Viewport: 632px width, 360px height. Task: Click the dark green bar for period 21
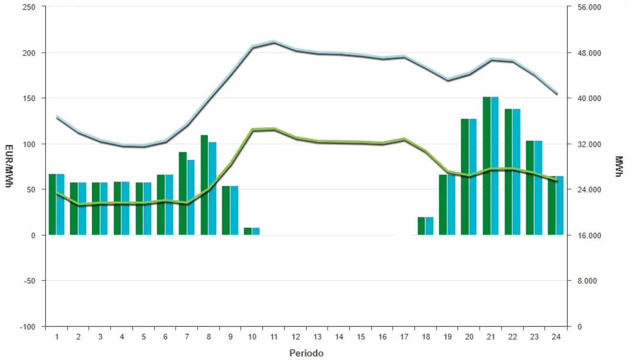coord(486,166)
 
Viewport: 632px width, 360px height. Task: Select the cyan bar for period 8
coord(212,189)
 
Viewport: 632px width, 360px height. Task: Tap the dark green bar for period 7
coord(182,193)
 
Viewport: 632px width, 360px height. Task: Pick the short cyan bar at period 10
coord(256,231)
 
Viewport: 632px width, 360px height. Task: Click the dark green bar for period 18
coord(421,226)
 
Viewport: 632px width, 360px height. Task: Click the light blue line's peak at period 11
coord(273,42)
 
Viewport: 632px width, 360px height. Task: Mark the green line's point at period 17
coord(404,139)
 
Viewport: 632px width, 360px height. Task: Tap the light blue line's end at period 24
coord(556,94)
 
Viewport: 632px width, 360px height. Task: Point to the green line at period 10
coord(252,130)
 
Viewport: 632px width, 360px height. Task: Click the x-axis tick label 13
coord(317,337)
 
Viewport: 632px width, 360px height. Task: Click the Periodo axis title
coord(306,353)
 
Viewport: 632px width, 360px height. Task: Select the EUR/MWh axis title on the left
coord(8,166)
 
